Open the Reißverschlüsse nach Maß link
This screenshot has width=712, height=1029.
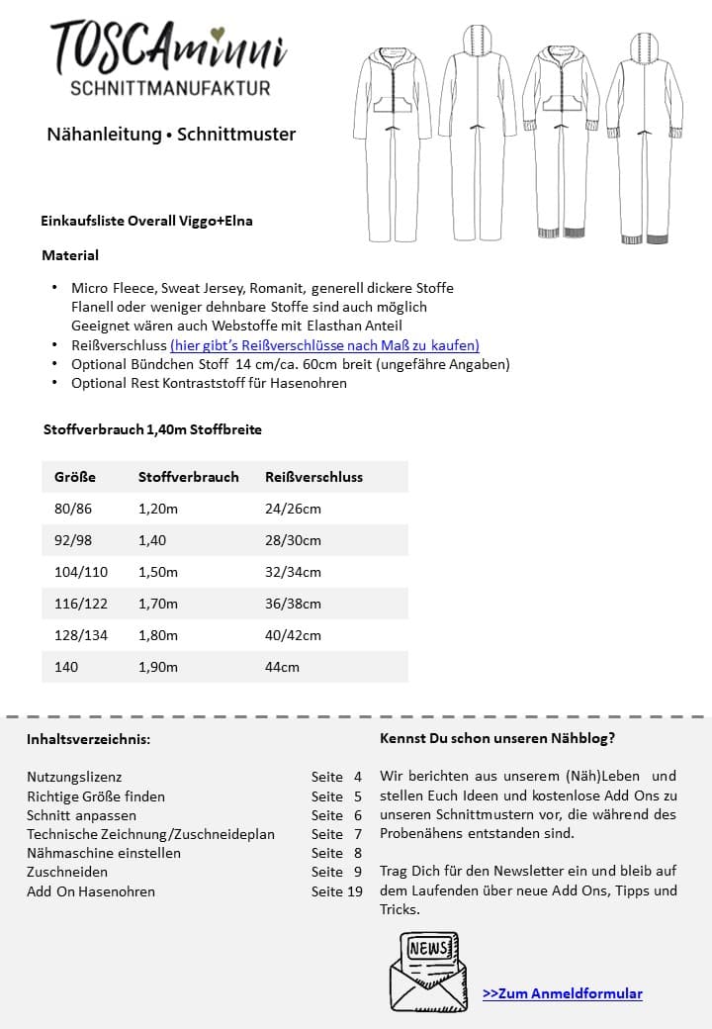[324, 345]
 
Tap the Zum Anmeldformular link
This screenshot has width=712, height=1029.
[562, 993]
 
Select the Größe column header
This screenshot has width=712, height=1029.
[75, 477]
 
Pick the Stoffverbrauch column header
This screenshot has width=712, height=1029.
[188, 477]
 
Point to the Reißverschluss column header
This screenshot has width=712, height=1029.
[313, 477]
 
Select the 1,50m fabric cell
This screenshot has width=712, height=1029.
[158, 572]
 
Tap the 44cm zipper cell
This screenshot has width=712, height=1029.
[282, 667]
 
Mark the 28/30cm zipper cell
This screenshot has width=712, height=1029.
[293, 540]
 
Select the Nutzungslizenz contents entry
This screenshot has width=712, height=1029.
[74, 777]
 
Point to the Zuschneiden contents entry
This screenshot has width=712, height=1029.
[67, 872]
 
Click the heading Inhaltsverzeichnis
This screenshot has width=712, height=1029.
[88, 739]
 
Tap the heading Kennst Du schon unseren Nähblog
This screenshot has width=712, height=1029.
[496, 738]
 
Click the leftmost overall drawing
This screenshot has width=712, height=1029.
[392, 139]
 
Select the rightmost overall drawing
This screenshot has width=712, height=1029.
[644, 139]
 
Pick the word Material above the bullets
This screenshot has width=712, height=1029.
[70, 255]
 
